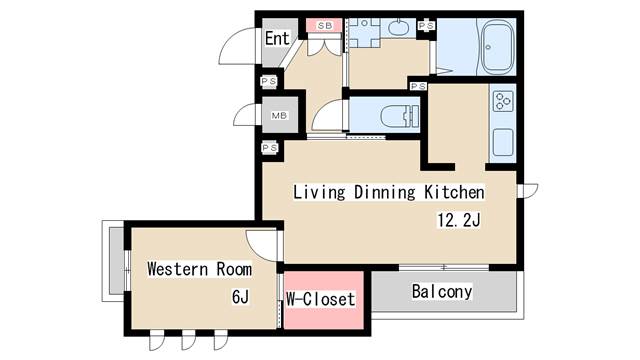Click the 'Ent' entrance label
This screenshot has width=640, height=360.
pyautogui.click(x=277, y=39)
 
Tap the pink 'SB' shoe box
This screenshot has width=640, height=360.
pyautogui.click(x=325, y=25)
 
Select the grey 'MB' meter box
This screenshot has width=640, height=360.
pyautogui.click(x=279, y=115)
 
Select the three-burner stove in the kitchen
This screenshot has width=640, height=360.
pyautogui.click(x=501, y=101)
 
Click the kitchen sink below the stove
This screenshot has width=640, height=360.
pyautogui.click(x=501, y=141)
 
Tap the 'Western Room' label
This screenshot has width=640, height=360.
pyautogui.click(x=199, y=269)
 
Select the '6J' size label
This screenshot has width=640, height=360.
pyautogui.click(x=240, y=297)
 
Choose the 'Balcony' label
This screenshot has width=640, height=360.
pyautogui.click(x=441, y=292)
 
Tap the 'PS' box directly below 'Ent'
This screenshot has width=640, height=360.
pyautogui.click(x=268, y=81)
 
